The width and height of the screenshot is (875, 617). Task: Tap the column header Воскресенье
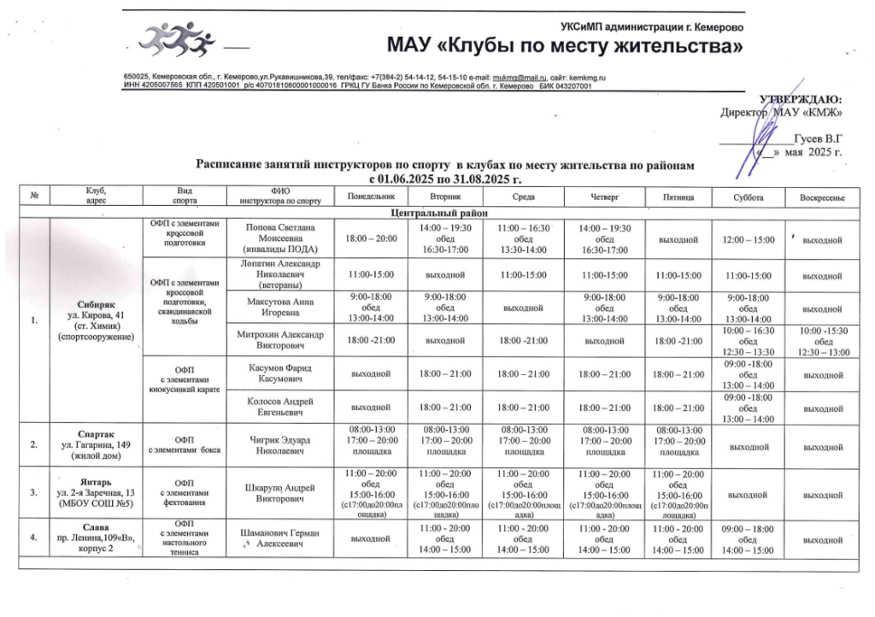tap(821, 197)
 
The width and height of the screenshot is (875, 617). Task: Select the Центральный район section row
tap(438, 212)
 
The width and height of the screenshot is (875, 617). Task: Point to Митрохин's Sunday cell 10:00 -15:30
tap(821, 341)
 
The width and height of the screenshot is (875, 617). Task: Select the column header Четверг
tap(604, 197)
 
